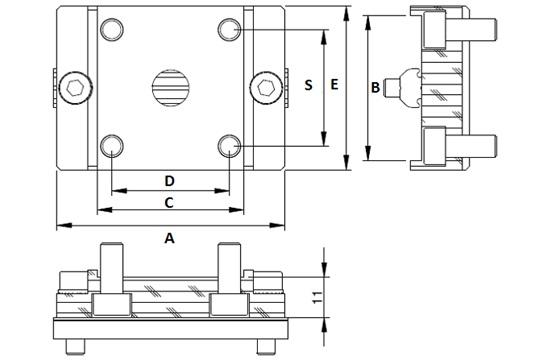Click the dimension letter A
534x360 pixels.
(169, 238)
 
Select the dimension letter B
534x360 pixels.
(375, 88)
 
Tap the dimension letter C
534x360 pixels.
(169, 203)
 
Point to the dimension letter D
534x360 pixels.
(170, 181)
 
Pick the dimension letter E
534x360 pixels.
(335, 86)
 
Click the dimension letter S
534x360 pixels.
(309, 86)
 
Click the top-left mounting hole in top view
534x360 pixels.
(110, 28)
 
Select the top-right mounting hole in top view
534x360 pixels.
(231, 28)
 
